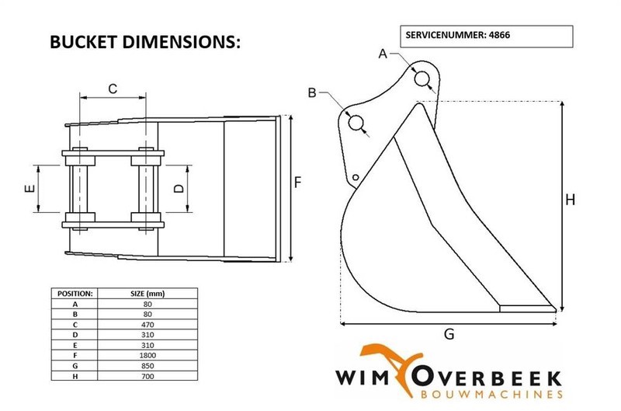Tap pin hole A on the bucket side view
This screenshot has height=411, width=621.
tap(424, 78)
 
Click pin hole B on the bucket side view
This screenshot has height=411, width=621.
tap(356, 123)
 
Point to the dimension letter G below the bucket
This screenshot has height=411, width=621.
tap(448, 335)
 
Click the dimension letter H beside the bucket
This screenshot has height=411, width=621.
tap(570, 200)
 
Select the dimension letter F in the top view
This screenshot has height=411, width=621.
tap(298, 183)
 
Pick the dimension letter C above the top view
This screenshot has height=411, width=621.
tap(113, 89)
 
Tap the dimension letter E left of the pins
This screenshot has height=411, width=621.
tap(29, 189)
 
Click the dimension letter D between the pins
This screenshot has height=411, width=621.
tap(179, 189)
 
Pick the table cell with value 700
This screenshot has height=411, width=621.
tap(147, 376)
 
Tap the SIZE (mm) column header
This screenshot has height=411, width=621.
tap(147, 294)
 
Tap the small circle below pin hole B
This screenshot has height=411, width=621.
tap(355, 177)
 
